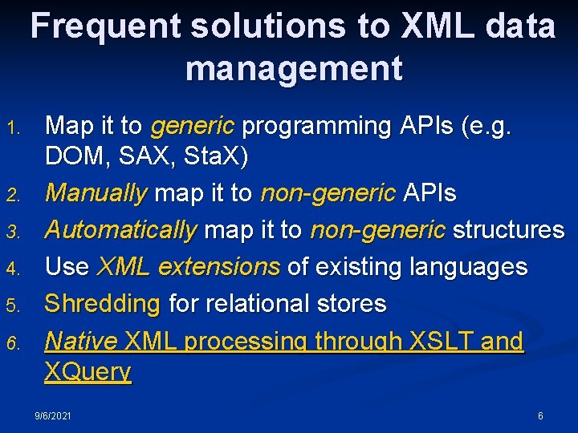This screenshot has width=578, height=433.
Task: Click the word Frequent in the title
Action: pos(105,26)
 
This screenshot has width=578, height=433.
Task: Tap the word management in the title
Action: pos(294,68)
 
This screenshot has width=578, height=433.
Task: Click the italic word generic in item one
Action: pos(192,126)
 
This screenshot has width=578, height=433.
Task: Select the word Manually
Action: pos(96,193)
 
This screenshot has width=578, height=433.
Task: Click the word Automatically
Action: pos(120,230)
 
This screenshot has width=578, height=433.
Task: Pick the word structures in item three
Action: pos(508,230)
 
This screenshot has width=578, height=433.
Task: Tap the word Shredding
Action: pos(102,304)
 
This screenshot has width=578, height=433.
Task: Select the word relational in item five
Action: pos(254,304)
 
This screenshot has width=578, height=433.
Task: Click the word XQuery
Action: pos(88,372)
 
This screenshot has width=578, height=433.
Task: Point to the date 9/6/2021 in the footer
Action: pos(53,416)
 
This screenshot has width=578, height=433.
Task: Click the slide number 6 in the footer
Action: pos(540,416)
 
